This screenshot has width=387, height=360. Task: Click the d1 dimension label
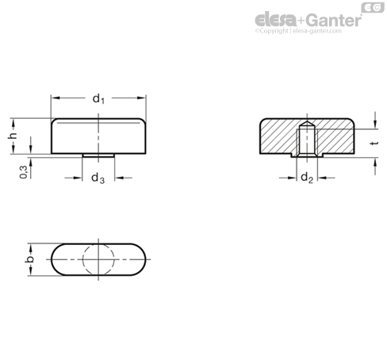pyautogui.click(x=98, y=99)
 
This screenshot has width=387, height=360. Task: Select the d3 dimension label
pyautogui.click(x=98, y=178)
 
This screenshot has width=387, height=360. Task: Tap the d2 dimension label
pyautogui.click(x=307, y=178)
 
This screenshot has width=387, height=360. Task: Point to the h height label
pyautogui.click(x=13, y=136)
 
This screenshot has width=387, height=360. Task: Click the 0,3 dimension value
pyautogui.click(x=24, y=172)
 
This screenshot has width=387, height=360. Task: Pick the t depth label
pyautogui.click(x=374, y=144)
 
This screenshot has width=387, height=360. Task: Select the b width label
pyautogui.click(x=29, y=259)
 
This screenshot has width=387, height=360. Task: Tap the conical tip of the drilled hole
pyautogui.click(x=307, y=124)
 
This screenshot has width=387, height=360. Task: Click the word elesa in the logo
pyautogui.click(x=276, y=20)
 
